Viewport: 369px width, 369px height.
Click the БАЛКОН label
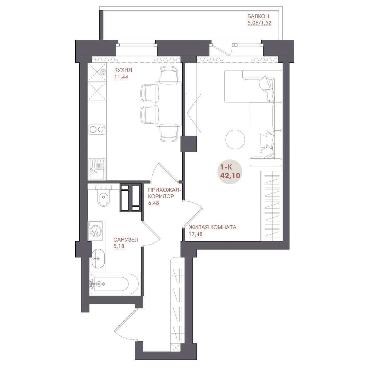[x=258, y=16]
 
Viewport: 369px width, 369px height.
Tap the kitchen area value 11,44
[x=121, y=77]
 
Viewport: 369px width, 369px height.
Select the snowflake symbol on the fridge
[x=103, y=72]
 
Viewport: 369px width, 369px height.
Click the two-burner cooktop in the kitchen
[x=97, y=130]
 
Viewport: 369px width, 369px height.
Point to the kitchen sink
[x=97, y=169]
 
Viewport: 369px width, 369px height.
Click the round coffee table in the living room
[x=235, y=139]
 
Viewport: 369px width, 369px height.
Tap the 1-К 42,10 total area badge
[x=230, y=172]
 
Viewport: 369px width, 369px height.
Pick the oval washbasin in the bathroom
[x=98, y=259]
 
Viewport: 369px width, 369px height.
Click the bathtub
[x=115, y=284]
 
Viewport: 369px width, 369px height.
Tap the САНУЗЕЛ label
[x=126, y=240]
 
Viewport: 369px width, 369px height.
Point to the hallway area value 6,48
[x=153, y=203]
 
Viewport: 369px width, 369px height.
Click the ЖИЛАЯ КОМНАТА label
[x=212, y=227]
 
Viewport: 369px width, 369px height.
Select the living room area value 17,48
[x=196, y=234]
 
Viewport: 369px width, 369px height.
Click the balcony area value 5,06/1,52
[x=260, y=23]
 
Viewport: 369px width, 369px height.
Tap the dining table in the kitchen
[x=169, y=104]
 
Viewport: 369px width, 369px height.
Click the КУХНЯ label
[x=123, y=70]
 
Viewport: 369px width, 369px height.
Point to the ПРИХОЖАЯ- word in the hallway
[x=165, y=190]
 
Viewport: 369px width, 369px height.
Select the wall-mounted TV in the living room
[x=186, y=113]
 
